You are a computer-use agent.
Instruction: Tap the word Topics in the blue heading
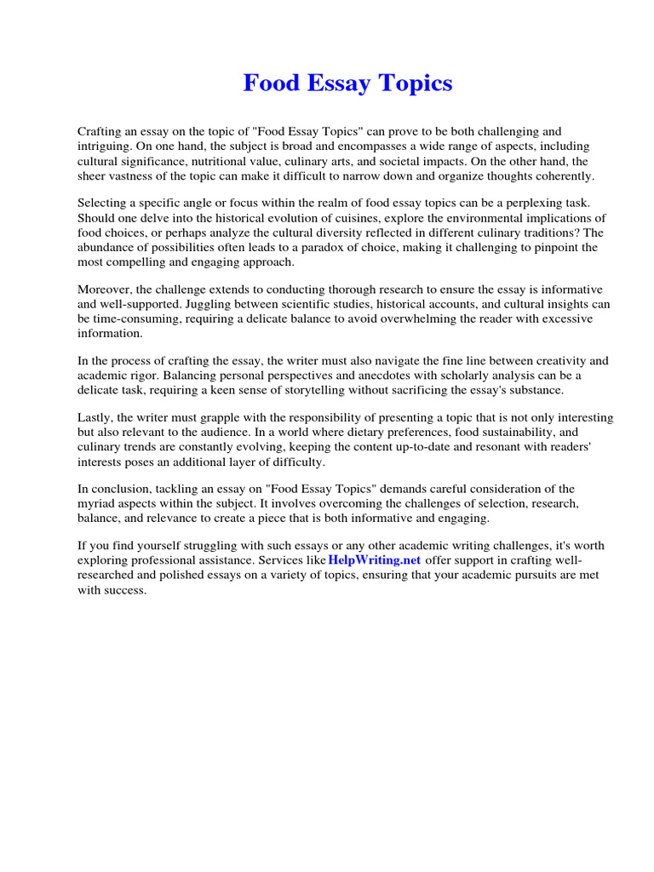[416, 83]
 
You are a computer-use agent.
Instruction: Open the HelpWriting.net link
[375, 560]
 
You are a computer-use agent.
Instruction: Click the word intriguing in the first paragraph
[103, 146]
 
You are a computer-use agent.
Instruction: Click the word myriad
[97, 503]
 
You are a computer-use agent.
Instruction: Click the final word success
[126, 589]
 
